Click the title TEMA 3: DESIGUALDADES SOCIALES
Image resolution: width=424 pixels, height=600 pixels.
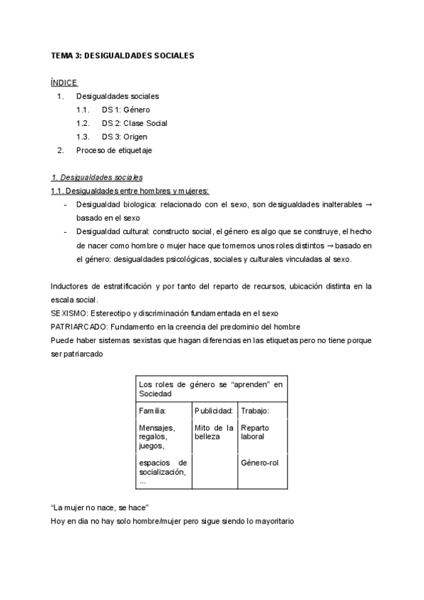pyautogui.click(x=122, y=54)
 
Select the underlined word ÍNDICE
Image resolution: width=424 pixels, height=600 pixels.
pyautogui.click(x=64, y=82)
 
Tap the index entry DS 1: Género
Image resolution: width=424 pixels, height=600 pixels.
pyautogui.click(x=125, y=110)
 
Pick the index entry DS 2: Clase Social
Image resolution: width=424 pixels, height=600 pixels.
pyautogui.click(x=134, y=123)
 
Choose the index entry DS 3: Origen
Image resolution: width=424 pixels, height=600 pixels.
pyautogui.click(x=125, y=137)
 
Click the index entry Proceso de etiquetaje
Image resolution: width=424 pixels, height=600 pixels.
pyautogui.click(x=114, y=150)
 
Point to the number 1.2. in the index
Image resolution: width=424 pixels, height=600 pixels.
pyautogui.click(x=83, y=123)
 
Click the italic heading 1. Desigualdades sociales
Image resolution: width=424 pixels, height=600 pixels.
pyautogui.click(x=97, y=178)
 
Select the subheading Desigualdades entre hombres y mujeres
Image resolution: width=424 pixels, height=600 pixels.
pyautogui.click(x=130, y=191)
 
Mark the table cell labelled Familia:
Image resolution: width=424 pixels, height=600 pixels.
pyautogui.click(x=153, y=410)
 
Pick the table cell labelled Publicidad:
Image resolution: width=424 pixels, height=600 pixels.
pyautogui.click(x=214, y=410)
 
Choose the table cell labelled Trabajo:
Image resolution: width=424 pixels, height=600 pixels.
pyautogui.click(x=255, y=410)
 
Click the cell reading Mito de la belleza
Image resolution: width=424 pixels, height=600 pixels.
pyautogui.click(x=214, y=432)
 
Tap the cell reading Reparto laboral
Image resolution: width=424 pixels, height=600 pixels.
pyautogui.click(x=255, y=432)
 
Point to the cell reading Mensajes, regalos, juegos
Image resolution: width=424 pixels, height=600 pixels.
pyautogui.click(x=157, y=437)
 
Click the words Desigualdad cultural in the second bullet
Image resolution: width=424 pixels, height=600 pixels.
pyautogui.click(x=105, y=232)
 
